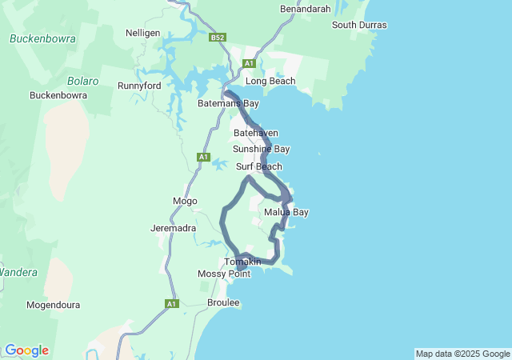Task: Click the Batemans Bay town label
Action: pos(228,104)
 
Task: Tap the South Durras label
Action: pos(359,25)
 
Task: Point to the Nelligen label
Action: pos(143,33)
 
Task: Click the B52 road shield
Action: pos(218,37)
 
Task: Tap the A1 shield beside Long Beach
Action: pos(249,63)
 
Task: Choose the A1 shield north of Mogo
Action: pos(203,157)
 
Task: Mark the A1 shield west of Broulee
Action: pos(171,304)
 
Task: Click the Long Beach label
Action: pos(270,81)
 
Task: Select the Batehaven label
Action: pos(256,132)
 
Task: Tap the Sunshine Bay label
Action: pos(261,149)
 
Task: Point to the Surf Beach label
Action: pos(258,166)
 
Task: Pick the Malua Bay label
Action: pos(286,212)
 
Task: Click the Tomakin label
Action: pos(242,262)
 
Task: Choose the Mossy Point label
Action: pos(224,274)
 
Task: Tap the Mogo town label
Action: pos(185,201)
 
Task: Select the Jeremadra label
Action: pos(174,228)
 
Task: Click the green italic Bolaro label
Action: pos(82,81)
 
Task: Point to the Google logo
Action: pos(26,350)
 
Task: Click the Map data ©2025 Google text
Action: pos(462,354)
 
